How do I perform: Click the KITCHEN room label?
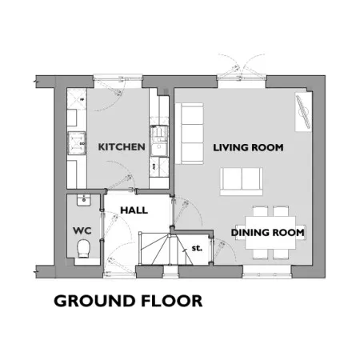click(x=122, y=147)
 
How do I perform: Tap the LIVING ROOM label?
click(x=248, y=147)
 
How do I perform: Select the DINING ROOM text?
click(x=268, y=233)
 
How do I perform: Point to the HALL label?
click(x=134, y=210)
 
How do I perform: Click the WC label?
click(x=82, y=230)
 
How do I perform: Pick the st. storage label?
click(x=197, y=248)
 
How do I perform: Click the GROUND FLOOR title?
click(x=128, y=301)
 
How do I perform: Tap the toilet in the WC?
click(x=84, y=248)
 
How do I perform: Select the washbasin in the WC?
click(x=84, y=200)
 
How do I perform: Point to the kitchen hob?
click(x=77, y=143)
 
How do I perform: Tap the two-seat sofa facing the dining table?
click(x=242, y=182)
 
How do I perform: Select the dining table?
click(x=270, y=233)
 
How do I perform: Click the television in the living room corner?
click(x=304, y=111)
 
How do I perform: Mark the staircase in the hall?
click(x=166, y=249)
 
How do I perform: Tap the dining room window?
click(x=266, y=272)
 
